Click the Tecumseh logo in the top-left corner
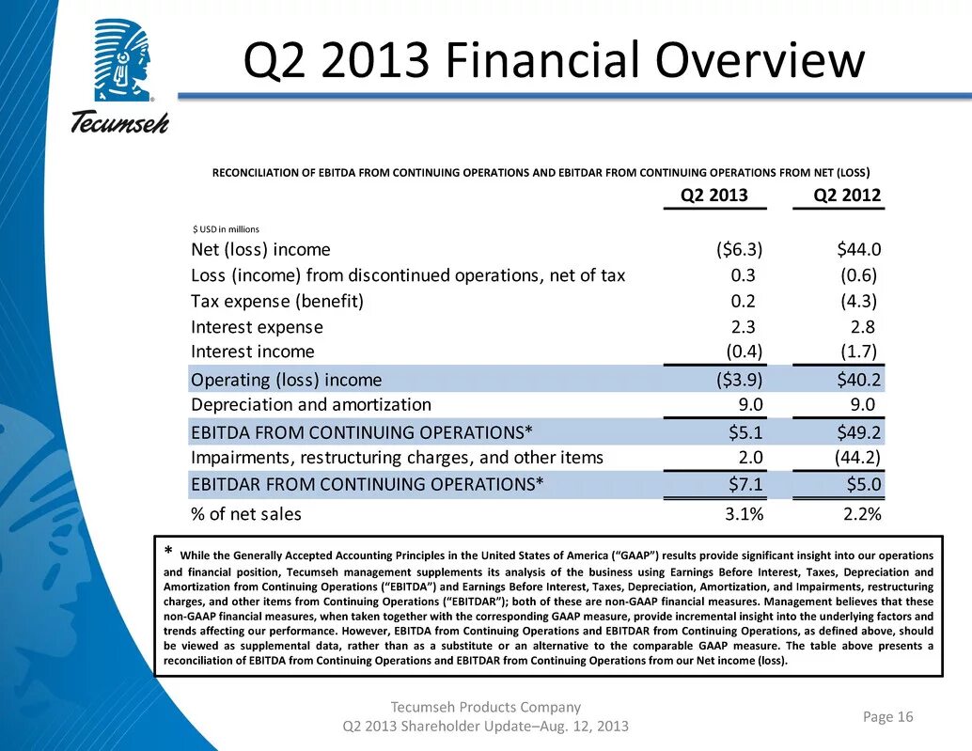click(x=118, y=75)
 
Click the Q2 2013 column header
click(x=714, y=196)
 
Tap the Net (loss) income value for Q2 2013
click(x=738, y=249)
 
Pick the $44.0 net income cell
click(x=858, y=249)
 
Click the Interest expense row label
click(x=257, y=327)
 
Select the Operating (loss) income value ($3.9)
click(x=738, y=380)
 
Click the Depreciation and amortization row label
click(x=310, y=405)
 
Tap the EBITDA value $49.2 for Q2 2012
click(x=858, y=432)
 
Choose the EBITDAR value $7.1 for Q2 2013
click(x=745, y=485)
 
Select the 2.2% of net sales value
click(x=861, y=515)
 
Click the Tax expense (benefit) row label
click(x=276, y=302)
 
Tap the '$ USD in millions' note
click(x=225, y=228)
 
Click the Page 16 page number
click(x=887, y=717)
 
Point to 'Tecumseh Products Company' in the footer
click(x=486, y=707)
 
